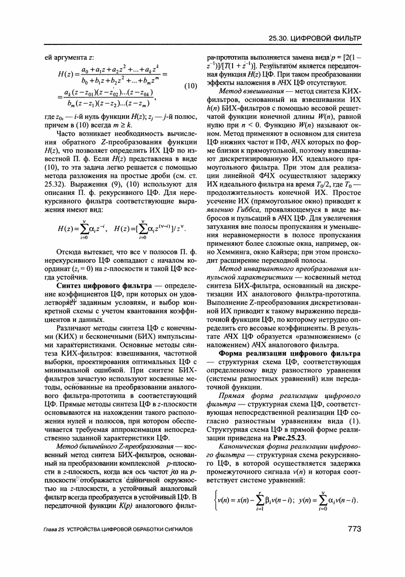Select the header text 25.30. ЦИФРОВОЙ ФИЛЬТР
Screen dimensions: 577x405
click(x=314, y=38)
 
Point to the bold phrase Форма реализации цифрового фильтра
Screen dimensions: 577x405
click(x=290, y=353)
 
